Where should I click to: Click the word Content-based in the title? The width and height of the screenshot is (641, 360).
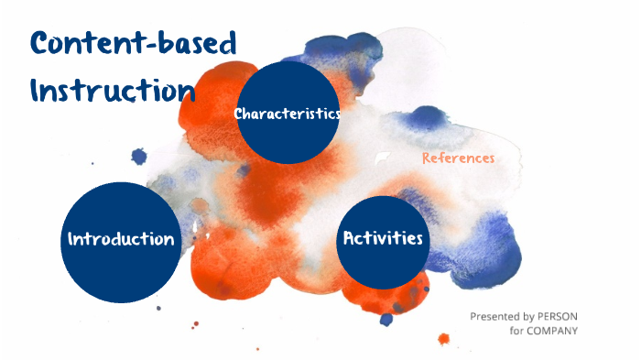point(133,43)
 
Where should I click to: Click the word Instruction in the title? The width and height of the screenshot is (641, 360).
point(113,90)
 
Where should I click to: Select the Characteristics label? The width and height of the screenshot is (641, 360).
point(288,114)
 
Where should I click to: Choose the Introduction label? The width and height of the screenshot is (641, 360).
point(121,239)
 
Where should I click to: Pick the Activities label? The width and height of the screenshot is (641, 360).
point(383,238)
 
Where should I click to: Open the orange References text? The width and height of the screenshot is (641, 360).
point(458,158)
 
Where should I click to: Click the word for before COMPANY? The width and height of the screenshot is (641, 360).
point(516,331)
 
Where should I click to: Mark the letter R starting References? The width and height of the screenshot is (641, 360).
point(427,158)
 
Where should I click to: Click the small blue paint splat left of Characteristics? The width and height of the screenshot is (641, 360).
point(139,157)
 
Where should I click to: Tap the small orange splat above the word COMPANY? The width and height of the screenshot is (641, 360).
point(444,339)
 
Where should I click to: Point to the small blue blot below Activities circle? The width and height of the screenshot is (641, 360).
point(386,319)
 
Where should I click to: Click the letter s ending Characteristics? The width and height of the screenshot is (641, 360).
point(336,115)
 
